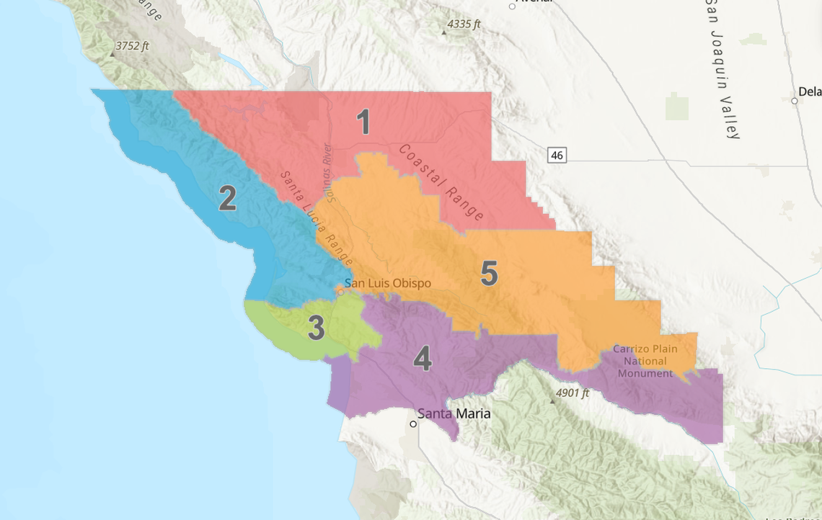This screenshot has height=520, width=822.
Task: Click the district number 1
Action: click(364, 122)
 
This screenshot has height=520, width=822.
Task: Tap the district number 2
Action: click(227, 198)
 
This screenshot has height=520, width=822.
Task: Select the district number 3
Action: click(316, 328)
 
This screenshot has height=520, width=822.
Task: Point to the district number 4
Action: click(423, 359)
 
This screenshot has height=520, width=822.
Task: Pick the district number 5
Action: click(489, 274)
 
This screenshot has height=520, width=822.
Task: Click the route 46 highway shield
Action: click(557, 155)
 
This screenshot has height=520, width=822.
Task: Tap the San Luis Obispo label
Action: click(388, 283)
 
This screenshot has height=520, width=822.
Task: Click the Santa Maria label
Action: click(454, 413)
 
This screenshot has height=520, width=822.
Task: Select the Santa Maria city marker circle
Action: click(413, 424)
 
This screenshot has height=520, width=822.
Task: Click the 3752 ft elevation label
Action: click(132, 46)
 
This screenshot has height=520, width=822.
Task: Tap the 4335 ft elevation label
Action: click(464, 24)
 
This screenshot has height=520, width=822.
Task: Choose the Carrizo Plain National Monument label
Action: click(645, 361)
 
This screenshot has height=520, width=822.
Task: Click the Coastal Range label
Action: click(441, 182)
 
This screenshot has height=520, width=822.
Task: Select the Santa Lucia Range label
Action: click(317, 218)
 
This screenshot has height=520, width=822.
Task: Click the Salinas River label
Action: click(329, 174)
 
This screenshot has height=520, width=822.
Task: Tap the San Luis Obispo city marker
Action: click(340, 290)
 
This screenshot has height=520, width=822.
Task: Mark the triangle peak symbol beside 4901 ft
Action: click(552, 400)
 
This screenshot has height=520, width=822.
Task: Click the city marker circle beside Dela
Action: click(795, 101)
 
